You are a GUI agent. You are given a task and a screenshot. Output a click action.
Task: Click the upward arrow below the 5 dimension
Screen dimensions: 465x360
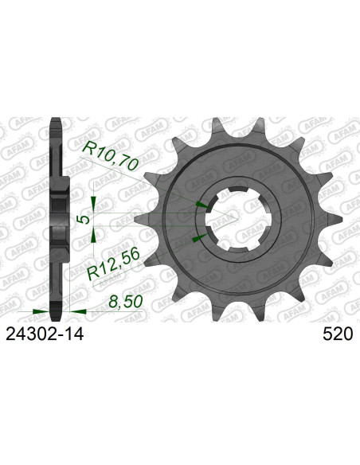95,233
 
